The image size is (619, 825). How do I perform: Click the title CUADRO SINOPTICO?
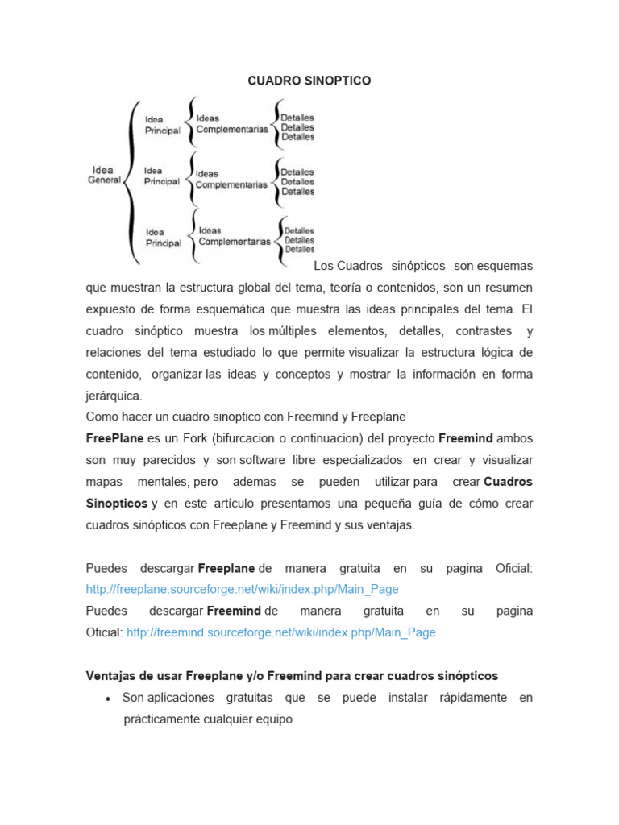pos(309,81)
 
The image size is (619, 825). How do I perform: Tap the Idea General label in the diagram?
pos(103,175)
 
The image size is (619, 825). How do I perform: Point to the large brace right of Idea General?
pos(132,181)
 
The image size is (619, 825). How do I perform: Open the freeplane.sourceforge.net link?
pos(242,590)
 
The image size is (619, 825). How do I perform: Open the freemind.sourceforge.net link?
pos(281,633)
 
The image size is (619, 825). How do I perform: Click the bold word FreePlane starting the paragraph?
pos(115,438)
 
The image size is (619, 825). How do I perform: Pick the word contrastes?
pos(484,330)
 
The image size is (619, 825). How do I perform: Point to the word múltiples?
pos(293,330)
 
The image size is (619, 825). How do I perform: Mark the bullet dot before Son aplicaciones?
pos(107,699)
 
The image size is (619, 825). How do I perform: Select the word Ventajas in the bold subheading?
pos(111,676)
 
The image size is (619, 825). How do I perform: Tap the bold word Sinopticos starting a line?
pos(117,504)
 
